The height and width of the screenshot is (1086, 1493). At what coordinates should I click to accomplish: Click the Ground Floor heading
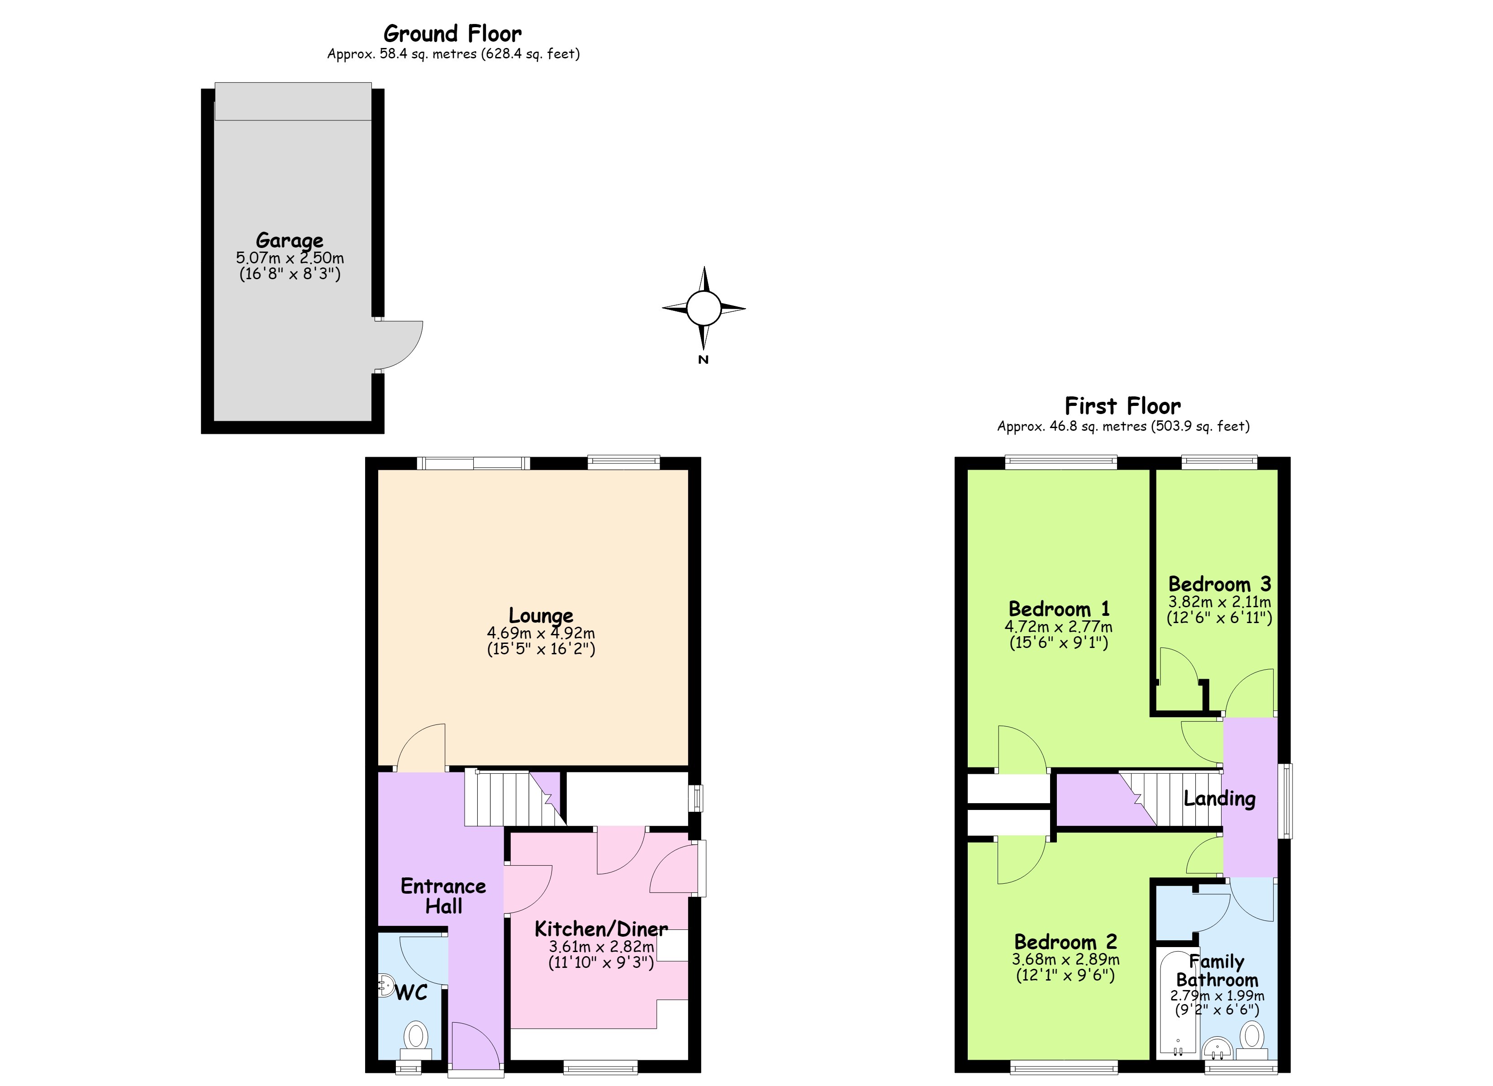coord(452,33)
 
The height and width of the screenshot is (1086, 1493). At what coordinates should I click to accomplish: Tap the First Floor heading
coord(1122,406)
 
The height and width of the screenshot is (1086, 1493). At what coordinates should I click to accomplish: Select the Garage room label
coord(290,240)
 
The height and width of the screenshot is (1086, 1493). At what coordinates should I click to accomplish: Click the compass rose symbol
coord(704,308)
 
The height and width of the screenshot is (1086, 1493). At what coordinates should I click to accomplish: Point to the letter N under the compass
coord(703,360)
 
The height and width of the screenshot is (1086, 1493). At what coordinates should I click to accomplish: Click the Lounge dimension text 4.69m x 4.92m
coord(541,633)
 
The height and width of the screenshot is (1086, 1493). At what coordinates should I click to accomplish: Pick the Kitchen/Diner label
coord(601,929)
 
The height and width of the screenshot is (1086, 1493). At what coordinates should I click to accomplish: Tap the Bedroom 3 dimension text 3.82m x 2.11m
coord(1220,601)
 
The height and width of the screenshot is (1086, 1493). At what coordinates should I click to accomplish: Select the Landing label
coord(1219,799)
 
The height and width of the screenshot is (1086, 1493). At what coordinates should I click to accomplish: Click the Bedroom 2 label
coord(1065,942)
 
